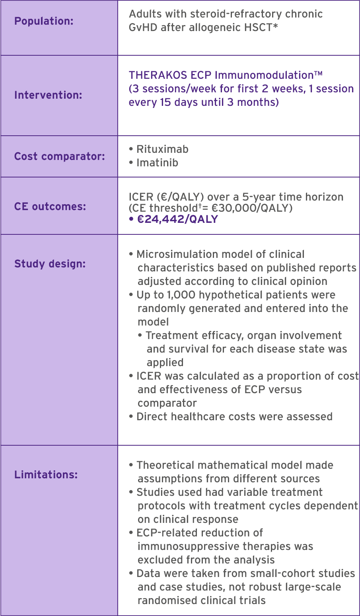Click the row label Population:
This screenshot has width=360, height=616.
pos(44,21)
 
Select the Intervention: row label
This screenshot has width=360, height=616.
pos(48,95)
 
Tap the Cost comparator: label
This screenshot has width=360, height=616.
pos(60,156)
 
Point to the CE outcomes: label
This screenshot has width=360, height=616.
pos(50,207)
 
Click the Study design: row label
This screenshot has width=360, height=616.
pos(50,264)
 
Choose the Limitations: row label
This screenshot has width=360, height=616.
pos(46,475)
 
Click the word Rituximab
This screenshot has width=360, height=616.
pos(162,149)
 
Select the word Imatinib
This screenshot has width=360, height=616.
pos(157,163)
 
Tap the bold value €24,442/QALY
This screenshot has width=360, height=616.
pos(177,219)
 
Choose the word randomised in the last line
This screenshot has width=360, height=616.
pos(167,600)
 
